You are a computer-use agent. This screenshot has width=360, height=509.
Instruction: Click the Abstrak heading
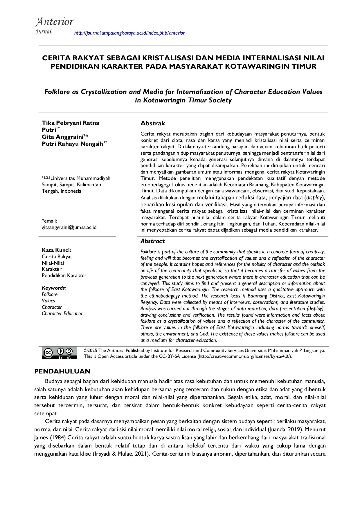[153, 123]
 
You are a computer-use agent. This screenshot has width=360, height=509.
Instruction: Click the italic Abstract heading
[152, 241]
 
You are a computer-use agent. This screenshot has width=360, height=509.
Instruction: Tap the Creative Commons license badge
[60, 353]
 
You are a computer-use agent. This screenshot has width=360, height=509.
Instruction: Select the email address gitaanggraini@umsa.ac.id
[69, 227]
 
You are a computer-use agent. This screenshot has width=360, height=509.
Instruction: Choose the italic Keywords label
[53, 288]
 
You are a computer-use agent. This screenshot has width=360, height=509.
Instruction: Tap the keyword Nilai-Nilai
[53, 263]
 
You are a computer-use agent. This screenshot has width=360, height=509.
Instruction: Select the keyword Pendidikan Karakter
[64, 275]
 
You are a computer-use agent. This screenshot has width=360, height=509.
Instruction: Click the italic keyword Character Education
[62, 313]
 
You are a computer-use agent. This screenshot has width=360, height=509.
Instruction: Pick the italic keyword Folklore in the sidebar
[50, 294]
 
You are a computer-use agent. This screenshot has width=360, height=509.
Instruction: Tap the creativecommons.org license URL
[244, 356]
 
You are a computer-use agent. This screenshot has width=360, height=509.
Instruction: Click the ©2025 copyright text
[90, 350]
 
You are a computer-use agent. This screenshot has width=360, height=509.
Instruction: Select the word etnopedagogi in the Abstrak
[155, 185]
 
